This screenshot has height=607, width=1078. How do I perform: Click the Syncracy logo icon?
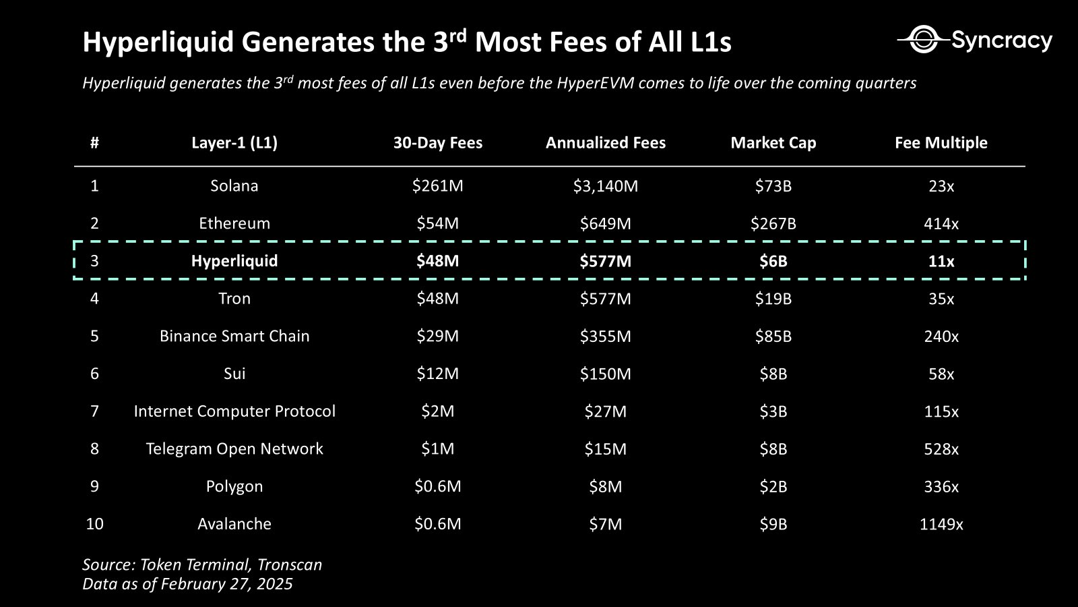tap(921, 40)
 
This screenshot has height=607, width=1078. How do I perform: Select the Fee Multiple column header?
tap(941, 143)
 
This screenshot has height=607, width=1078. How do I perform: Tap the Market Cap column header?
tap(773, 143)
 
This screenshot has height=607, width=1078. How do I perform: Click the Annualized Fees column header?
tap(605, 143)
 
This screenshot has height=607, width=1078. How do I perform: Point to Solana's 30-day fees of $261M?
tap(437, 186)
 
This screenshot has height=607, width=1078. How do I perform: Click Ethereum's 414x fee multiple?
tap(941, 224)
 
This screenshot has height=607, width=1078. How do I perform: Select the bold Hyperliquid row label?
tap(234, 261)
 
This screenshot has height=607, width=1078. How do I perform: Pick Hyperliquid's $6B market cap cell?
tap(773, 261)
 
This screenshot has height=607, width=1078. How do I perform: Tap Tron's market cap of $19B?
tap(773, 299)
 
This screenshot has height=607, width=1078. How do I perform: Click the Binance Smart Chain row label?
tap(234, 336)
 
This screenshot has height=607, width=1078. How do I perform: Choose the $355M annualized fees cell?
tap(605, 336)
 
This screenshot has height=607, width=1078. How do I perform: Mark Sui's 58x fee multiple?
tap(941, 374)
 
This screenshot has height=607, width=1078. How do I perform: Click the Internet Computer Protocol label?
tap(234, 411)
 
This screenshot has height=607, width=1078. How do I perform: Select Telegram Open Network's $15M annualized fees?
tap(605, 449)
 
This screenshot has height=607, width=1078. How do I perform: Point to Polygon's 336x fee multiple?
tap(941, 486)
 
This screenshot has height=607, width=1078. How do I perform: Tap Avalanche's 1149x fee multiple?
tap(941, 524)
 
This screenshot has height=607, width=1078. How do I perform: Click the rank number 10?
tap(94, 524)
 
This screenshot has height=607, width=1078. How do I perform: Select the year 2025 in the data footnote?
tap(274, 584)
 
